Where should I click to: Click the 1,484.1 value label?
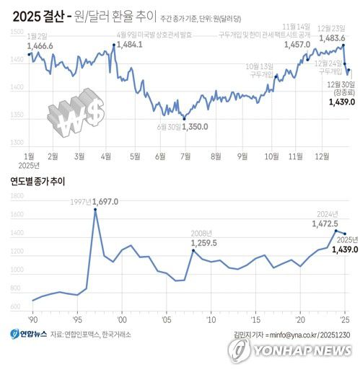click(128, 45)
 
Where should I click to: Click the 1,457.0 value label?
click(297, 45)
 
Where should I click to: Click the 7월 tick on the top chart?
click(185, 156)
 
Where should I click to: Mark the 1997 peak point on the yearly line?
click(95, 210)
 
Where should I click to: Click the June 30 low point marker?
click(184, 119)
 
